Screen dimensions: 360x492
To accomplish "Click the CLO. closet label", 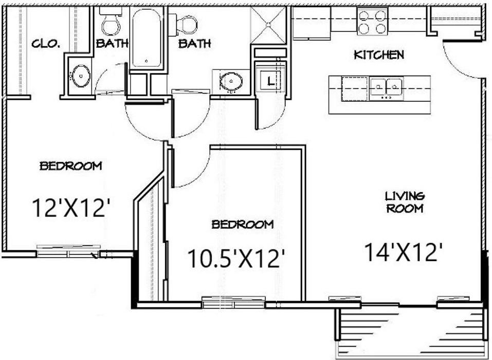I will [46, 44].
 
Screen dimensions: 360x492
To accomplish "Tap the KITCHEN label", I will [379, 55].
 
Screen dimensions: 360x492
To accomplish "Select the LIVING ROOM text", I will [405, 202].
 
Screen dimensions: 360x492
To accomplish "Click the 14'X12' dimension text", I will [404, 253].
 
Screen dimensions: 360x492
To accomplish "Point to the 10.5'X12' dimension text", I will [236, 259].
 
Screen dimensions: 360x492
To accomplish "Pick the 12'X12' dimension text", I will [71, 208].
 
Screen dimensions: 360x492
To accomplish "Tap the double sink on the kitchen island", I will [386, 88].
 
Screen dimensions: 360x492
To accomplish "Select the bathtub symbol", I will [147, 39].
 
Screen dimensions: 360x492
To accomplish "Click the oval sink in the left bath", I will [81, 76].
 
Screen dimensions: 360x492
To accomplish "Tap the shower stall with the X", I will [269, 25].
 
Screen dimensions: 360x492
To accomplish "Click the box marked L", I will [270, 79].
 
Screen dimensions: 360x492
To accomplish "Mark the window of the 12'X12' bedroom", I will [69, 251].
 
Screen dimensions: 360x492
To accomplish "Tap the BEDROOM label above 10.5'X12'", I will [242, 224].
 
